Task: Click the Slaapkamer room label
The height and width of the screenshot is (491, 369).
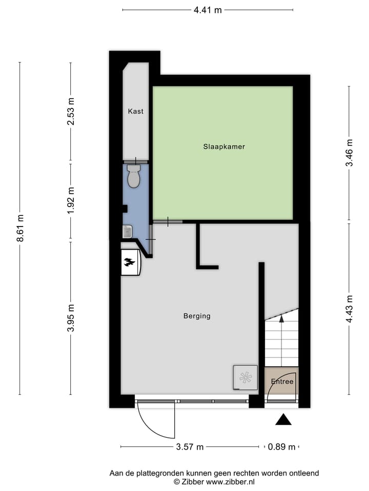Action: (223, 147)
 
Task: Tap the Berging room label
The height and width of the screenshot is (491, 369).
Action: (197, 316)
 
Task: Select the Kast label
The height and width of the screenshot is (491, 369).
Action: (136, 111)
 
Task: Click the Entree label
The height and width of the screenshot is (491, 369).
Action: (282, 382)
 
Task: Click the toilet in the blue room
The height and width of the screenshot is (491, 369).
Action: (134, 176)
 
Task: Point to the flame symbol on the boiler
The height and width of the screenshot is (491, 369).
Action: (129, 263)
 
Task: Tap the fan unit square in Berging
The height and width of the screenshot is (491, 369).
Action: (245, 377)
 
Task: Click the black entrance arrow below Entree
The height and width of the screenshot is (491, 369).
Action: (283, 420)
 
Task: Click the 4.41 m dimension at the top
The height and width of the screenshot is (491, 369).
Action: (208, 10)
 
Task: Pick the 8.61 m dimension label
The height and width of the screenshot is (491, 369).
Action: (20, 228)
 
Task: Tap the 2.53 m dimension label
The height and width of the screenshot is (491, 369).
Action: (71, 111)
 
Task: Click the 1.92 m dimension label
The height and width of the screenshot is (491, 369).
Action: (71, 200)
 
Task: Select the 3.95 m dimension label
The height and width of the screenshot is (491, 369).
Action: (71, 318)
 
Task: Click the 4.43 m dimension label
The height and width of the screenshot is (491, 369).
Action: (349, 309)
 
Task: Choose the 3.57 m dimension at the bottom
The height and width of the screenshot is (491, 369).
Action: (190, 447)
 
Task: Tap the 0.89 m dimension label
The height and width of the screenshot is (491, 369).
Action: (282, 447)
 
